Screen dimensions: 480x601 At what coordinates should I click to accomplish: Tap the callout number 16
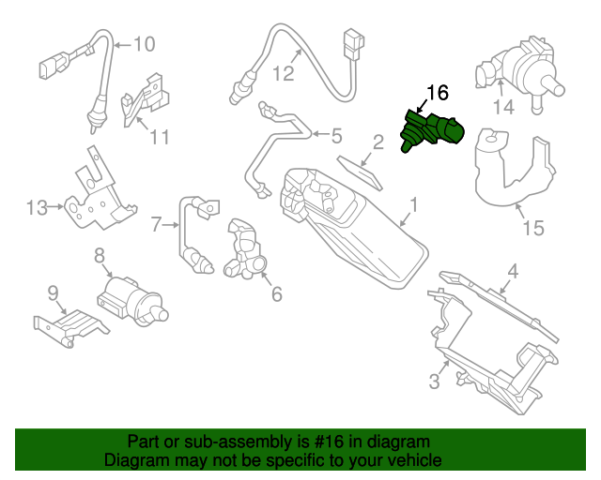pyautogui.click(x=438, y=92)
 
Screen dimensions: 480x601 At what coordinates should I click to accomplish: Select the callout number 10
pyautogui.click(x=143, y=43)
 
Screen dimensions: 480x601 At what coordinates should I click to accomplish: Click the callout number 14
pyautogui.click(x=504, y=108)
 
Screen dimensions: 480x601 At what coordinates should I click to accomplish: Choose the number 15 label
pyautogui.click(x=532, y=228)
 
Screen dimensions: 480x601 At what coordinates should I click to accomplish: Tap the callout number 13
pyautogui.click(x=36, y=207)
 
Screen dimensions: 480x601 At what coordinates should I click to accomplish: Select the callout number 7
pyautogui.click(x=157, y=223)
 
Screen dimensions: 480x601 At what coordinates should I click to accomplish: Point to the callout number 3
pyautogui.click(x=434, y=381)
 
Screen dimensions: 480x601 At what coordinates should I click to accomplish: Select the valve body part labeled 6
pyautogui.click(x=245, y=248)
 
